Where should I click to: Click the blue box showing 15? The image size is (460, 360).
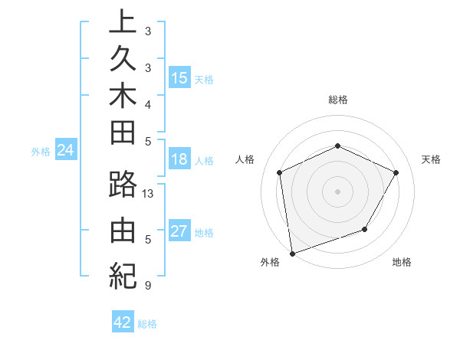click(179, 77)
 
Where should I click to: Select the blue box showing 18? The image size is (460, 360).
click(179, 160)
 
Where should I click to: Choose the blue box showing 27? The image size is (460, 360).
click(179, 231)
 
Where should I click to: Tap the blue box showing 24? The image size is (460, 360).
click(66, 150)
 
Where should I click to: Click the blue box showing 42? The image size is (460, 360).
click(123, 322)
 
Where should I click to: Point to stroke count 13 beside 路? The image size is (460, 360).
click(149, 194)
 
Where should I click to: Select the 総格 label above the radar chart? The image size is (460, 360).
click(338, 100)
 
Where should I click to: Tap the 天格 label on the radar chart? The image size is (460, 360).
click(431, 159)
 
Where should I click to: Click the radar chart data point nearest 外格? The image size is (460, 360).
click(292, 253)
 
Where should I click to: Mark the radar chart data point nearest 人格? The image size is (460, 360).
click(280, 172)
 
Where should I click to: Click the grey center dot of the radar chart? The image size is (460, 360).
click(338, 191)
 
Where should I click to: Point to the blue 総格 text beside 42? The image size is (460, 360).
click(147, 323)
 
